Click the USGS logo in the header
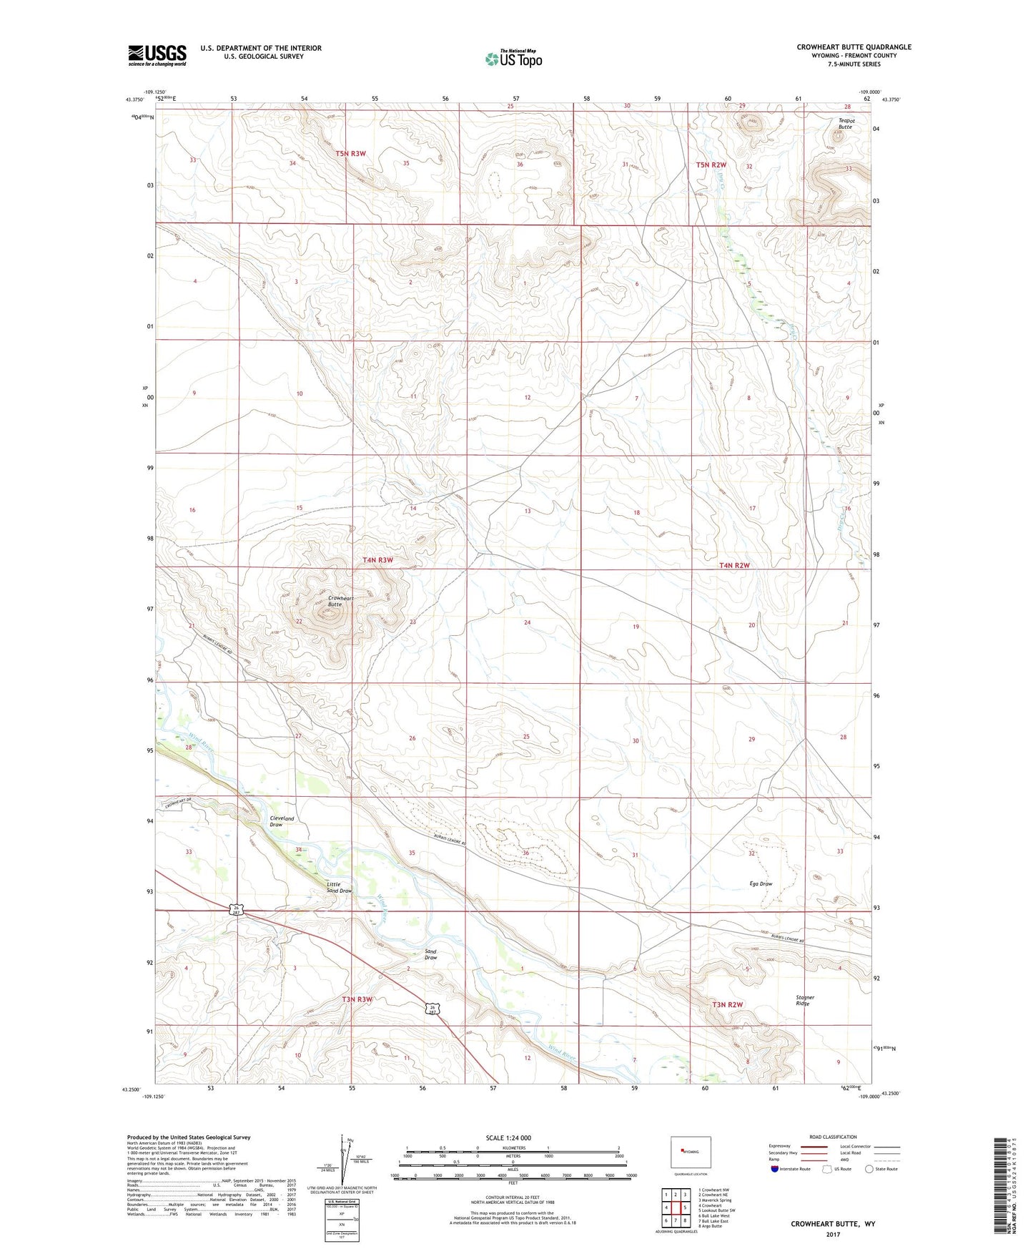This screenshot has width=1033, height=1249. pos(157,55)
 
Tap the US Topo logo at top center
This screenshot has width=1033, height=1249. pos(514,59)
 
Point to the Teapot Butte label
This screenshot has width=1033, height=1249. pos(846,124)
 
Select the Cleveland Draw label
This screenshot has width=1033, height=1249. pos(276,821)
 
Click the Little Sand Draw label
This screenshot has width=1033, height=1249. pos(339,887)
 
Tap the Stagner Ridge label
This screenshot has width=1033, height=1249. pos(805,1000)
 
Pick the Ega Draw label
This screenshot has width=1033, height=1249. pos(761,883)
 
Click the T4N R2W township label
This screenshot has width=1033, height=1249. pos(734,565)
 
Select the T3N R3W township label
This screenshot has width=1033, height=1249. pos(357,999)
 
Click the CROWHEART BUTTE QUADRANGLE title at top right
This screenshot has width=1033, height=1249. pos(854,47)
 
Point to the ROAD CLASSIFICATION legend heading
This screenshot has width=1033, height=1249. pos(833,1137)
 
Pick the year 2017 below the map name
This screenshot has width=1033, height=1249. pos(832,1234)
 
